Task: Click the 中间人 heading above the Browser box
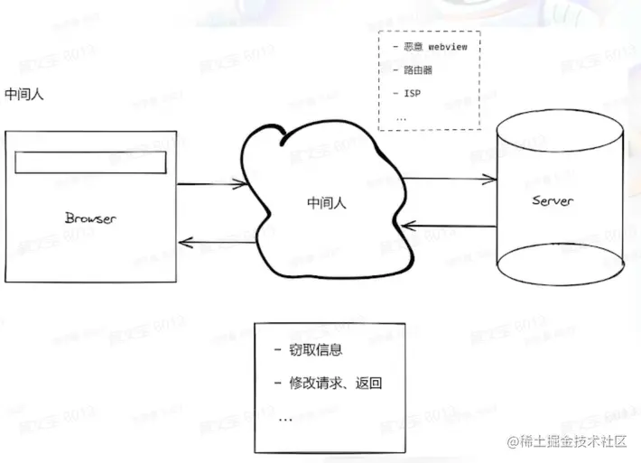[25, 94]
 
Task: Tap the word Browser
[91, 218]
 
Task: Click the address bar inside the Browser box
[91, 162]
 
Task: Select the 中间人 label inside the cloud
[327, 204]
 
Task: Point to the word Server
[551, 201]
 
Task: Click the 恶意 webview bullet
[428, 46]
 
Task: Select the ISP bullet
[411, 93]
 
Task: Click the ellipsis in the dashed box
[401, 117]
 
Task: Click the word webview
[447, 46]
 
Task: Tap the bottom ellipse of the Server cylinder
[561, 266]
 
